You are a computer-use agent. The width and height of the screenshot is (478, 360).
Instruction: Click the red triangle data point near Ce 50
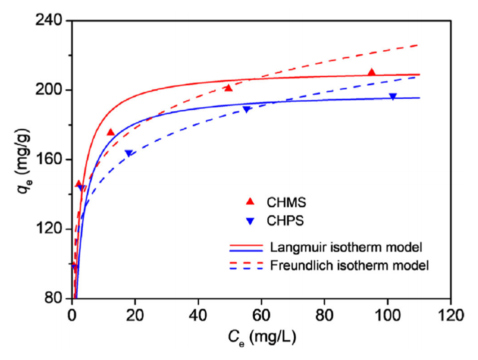228,88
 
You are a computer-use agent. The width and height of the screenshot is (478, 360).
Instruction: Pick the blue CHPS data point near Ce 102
393,96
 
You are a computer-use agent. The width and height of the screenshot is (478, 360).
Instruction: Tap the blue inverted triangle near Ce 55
246,109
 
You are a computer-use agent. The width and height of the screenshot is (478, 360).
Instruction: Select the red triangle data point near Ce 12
111,132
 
